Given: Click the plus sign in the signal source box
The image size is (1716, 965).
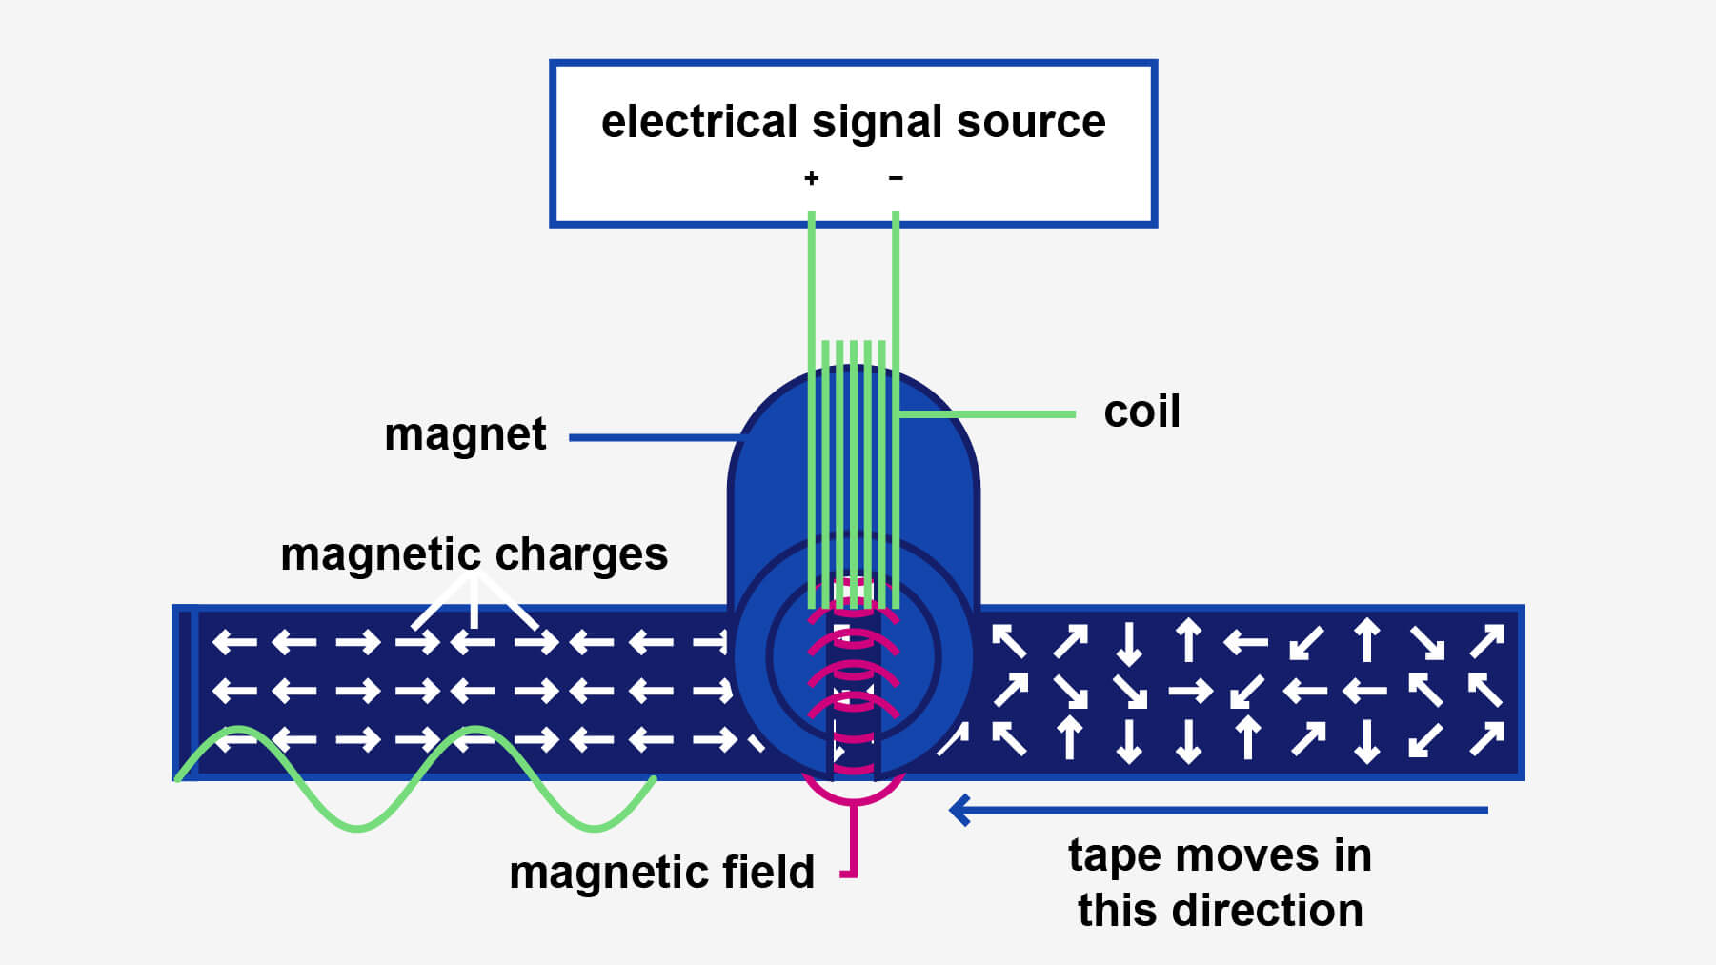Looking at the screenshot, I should pos(811,178).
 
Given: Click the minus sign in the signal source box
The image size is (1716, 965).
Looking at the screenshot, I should pos(896,177).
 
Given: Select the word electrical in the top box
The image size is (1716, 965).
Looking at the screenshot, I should pos(699,122).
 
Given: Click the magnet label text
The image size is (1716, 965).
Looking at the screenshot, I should pos(465,434).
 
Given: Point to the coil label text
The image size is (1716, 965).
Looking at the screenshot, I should pos(1141,412).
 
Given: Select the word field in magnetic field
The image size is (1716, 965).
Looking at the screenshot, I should pos(768,872).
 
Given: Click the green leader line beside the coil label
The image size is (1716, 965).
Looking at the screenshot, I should pos(991,414).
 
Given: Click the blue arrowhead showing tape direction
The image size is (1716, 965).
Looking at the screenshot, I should pos(960,811).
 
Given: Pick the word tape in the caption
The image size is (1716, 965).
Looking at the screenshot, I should pos(1116,854).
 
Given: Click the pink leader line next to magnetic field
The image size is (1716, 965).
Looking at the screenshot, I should pos(853,838).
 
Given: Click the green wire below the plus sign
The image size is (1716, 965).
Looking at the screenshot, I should pos(811,286).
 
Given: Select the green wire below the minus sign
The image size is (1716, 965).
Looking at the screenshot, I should pos(896,286).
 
